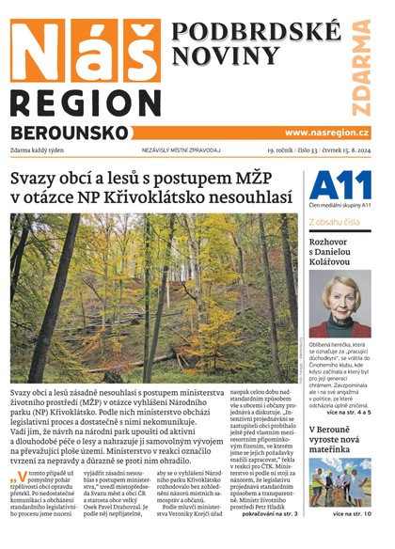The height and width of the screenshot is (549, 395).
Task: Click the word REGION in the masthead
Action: pyautogui.click(x=78, y=103)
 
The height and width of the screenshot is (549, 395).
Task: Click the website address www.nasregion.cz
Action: pyautogui.click(x=326, y=133)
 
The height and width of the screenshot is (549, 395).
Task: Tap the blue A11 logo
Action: pyautogui.click(x=333, y=185)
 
